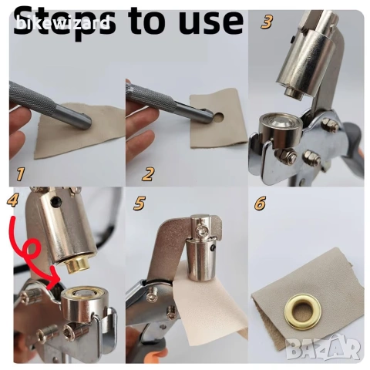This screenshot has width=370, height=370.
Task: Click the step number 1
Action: [20, 173]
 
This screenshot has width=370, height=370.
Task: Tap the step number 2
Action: [148, 173]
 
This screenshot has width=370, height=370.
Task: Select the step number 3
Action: [267, 22]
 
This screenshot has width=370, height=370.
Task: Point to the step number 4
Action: [12, 200]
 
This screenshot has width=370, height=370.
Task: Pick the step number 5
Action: [140, 203]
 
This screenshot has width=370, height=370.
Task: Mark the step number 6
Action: [261, 203]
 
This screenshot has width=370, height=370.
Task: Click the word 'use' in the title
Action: [210, 21]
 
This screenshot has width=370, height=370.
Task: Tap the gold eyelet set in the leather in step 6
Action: [304, 312]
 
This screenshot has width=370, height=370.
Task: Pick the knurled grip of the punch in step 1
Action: [32, 98]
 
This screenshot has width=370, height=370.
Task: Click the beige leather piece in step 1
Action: [79, 131]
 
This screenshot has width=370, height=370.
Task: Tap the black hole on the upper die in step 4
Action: [55, 202]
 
